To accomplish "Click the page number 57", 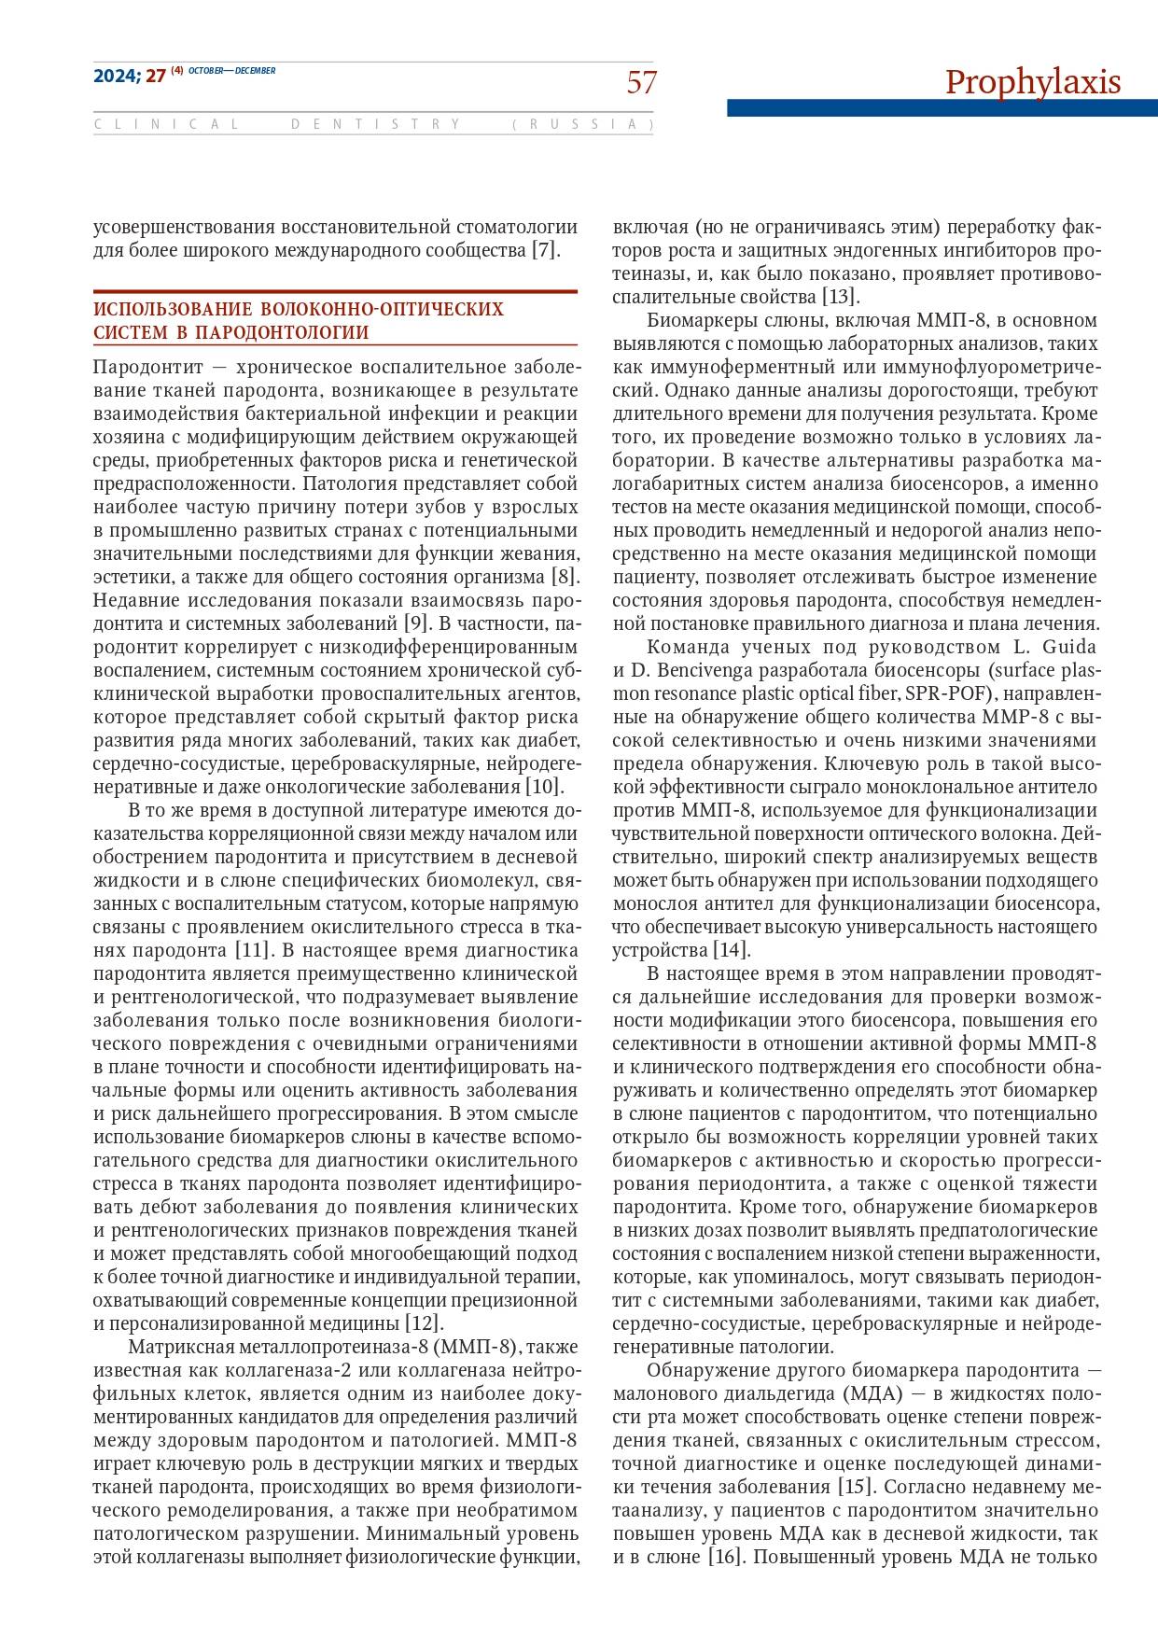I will (x=641, y=83).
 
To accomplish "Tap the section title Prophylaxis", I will (x=1033, y=82).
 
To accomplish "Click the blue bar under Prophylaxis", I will (x=942, y=108).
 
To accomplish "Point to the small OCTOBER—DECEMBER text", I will (x=232, y=71).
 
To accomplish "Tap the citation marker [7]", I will (x=546, y=250).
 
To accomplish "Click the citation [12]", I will (x=424, y=1323).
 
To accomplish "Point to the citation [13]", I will (x=840, y=298).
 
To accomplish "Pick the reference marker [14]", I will (x=732, y=950).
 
